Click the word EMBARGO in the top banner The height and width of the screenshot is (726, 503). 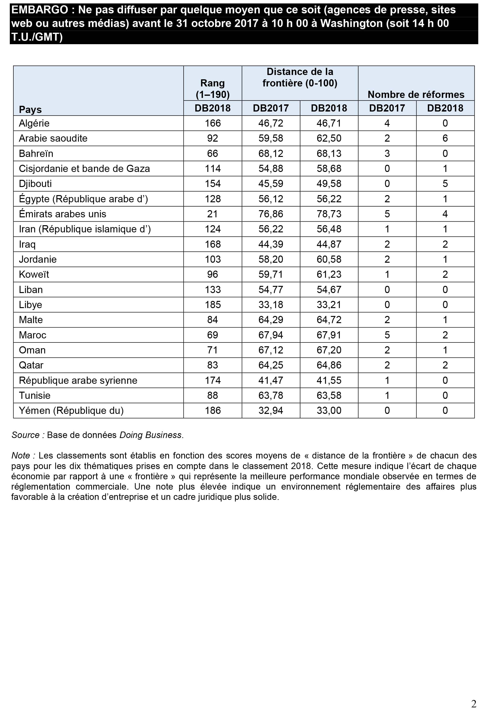pyautogui.click(x=40, y=10)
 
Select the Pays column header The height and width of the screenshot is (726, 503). pyautogui.click(x=30, y=109)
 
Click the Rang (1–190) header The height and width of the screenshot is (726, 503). pyautogui.click(x=212, y=89)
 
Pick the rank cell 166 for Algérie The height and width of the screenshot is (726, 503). pyautogui.click(x=213, y=123)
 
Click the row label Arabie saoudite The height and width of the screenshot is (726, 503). pyautogui.click(x=53, y=138)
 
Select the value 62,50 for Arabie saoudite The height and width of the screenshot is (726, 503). pyautogui.click(x=329, y=138)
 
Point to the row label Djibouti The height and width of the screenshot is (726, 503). pyautogui.click(x=35, y=184)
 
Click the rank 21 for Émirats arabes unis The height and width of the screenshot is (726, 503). pyautogui.click(x=212, y=214)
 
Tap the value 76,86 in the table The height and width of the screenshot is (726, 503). pyautogui.click(x=271, y=214)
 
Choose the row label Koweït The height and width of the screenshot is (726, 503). pyautogui.click(x=34, y=275)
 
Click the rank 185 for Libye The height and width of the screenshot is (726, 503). pyautogui.click(x=213, y=305)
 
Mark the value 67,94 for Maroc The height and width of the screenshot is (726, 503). pyautogui.click(x=271, y=335)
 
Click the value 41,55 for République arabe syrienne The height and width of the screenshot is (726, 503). pyautogui.click(x=329, y=380)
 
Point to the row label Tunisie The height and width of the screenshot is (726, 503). pyautogui.click(x=35, y=396)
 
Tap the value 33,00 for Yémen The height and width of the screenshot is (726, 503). pyautogui.click(x=329, y=411)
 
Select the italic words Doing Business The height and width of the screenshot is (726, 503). pyautogui.click(x=150, y=435)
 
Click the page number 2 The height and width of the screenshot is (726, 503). pyautogui.click(x=473, y=704)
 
